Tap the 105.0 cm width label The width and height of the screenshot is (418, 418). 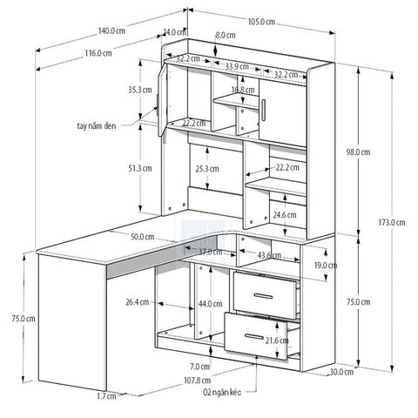coord(261,22)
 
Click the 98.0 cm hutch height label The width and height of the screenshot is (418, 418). coord(358,152)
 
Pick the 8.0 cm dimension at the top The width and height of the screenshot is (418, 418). coord(226,35)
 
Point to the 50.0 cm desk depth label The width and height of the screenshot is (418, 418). coord(144,237)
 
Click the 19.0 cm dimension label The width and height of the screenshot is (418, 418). coord(326,265)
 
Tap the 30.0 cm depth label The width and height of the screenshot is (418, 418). coord(342,372)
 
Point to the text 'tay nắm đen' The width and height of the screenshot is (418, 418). coord(98,125)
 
